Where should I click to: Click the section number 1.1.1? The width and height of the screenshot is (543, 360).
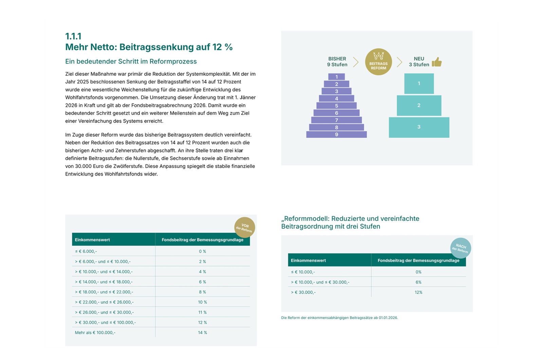[73, 36]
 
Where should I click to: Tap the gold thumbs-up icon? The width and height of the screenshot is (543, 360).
[437, 62]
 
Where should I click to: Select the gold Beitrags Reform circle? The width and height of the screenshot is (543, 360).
[378, 61]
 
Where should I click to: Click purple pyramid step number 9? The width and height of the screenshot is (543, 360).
[336, 134]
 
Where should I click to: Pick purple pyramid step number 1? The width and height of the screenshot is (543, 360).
[336, 77]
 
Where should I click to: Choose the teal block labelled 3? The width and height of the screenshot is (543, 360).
[419, 127]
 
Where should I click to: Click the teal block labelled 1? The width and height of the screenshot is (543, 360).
[419, 84]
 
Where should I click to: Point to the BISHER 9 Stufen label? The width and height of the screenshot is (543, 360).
[337, 61]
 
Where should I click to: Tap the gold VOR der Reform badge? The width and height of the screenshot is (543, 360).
[245, 228]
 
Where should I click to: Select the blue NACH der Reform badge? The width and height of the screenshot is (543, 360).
[461, 248]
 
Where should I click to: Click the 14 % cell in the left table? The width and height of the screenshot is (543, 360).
[202, 332]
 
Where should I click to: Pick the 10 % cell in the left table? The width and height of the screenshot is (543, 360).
[202, 302]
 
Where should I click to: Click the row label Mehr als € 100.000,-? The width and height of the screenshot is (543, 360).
[95, 332]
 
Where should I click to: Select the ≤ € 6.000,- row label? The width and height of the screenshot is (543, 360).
[86, 251]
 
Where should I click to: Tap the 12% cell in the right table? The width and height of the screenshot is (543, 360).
[418, 292]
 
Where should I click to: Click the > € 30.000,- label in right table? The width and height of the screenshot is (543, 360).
[303, 292]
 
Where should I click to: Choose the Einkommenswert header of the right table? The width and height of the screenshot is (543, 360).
[308, 260]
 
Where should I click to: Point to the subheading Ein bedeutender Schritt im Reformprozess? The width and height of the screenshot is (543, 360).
[131, 61]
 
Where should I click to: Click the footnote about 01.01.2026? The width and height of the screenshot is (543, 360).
[339, 318]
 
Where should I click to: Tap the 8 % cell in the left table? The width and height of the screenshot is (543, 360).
[202, 292]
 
